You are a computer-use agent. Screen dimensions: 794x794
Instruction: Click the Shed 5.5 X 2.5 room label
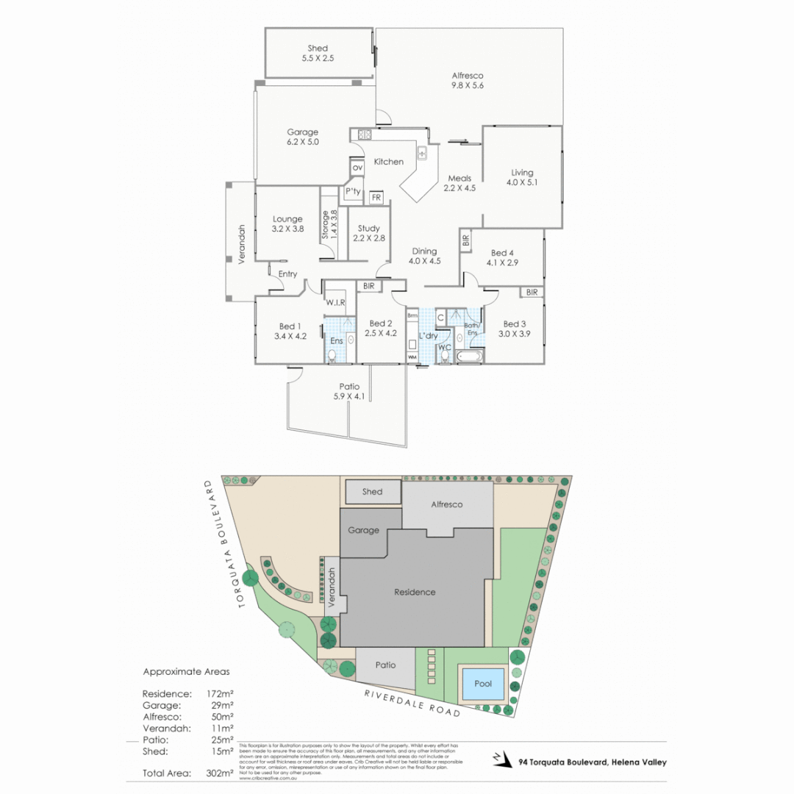(318, 53)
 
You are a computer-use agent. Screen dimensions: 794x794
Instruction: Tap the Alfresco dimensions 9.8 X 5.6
(468, 85)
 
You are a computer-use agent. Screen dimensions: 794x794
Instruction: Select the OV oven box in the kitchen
(357, 168)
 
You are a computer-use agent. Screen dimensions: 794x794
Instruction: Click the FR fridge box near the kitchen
(376, 198)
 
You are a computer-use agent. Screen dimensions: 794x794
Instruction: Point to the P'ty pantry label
(353, 192)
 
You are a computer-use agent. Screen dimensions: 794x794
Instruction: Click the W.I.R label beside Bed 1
(335, 302)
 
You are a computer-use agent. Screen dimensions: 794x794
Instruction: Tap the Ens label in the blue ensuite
(335, 341)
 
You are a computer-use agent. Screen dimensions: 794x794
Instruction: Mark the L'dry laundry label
(428, 336)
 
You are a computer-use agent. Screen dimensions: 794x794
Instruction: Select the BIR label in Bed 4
(465, 240)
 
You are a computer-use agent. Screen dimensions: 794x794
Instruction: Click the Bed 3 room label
(515, 323)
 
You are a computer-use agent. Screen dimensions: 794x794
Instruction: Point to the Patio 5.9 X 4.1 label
(349, 392)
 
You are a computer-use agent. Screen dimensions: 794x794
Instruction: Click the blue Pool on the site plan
(483, 684)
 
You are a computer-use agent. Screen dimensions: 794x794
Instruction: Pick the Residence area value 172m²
(221, 693)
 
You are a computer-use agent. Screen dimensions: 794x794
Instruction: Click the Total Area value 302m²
(221, 773)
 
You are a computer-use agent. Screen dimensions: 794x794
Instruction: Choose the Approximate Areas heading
(186, 671)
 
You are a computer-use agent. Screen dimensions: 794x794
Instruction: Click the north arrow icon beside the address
(501, 759)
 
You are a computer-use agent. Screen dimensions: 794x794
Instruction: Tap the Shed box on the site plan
(373, 492)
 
